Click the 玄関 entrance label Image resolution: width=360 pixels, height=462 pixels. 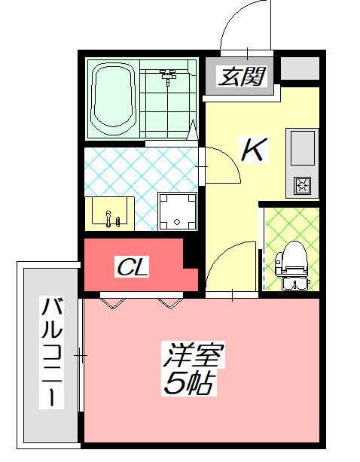click(241, 76)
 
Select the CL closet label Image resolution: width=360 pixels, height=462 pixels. click(133, 266)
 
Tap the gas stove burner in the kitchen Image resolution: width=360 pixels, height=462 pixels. click(304, 184)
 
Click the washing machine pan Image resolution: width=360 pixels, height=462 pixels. click(177, 211)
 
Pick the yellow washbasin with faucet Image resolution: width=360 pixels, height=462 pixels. click(111, 212)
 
